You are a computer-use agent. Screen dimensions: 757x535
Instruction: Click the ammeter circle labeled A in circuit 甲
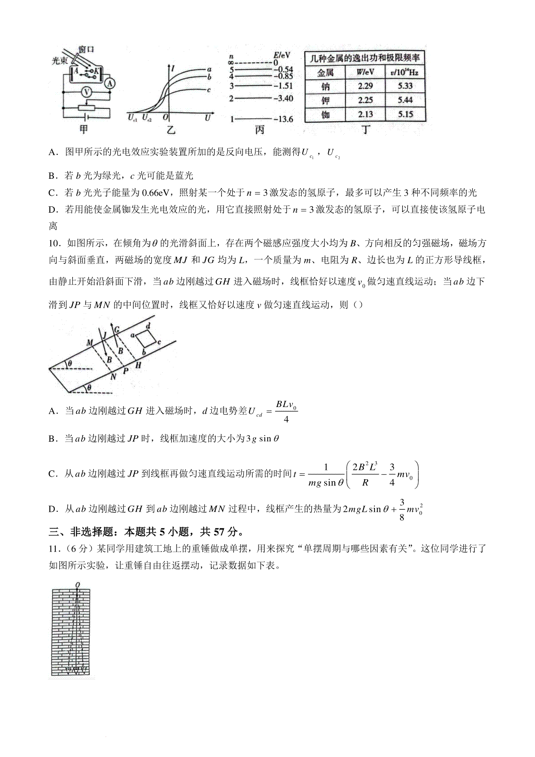click(x=110, y=83)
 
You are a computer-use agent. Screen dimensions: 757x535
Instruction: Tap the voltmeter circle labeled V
click(x=87, y=92)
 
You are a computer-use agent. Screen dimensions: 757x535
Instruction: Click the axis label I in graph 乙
click(x=173, y=68)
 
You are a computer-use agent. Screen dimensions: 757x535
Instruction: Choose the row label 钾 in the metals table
click(x=325, y=100)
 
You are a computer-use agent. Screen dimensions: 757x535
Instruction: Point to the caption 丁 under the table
click(x=366, y=130)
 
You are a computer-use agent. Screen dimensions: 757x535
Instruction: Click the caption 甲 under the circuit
click(x=83, y=130)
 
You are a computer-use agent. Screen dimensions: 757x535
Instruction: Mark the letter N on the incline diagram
click(x=113, y=376)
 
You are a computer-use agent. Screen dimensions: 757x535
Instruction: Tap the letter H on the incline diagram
click(x=138, y=365)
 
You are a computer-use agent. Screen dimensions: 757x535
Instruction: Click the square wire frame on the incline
click(x=146, y=340)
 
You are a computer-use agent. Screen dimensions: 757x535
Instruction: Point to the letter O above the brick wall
click(x=78, y=584)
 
